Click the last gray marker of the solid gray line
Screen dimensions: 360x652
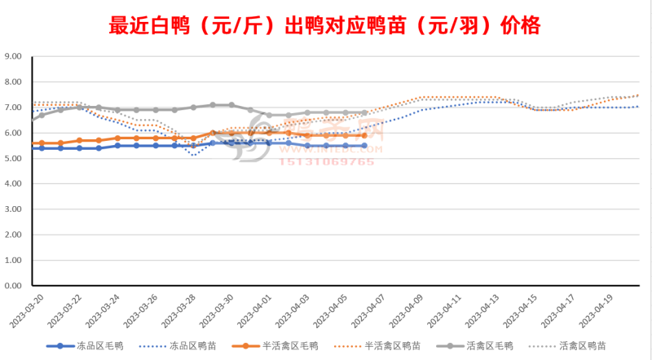364,112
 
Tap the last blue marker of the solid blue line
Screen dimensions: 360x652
364,146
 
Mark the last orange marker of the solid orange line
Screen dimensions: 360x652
364,135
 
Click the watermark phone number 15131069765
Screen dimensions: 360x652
328,161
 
